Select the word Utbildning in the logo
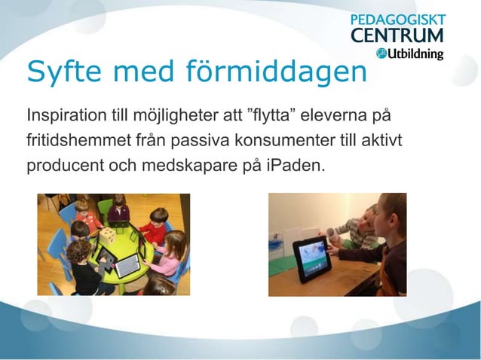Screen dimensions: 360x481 tap(415, 53)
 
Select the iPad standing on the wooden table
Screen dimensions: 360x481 tap(311, 258)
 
